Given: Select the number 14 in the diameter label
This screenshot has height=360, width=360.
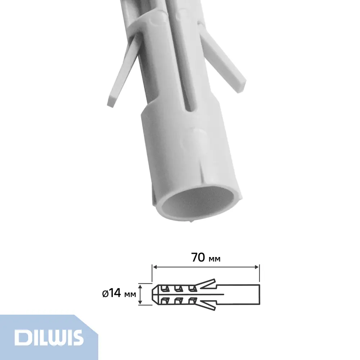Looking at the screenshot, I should tap(115, 294).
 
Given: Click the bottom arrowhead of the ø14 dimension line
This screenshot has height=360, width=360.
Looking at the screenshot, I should tap(141, 303).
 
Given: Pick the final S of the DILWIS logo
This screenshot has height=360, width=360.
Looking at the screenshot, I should tap(77, 337).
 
